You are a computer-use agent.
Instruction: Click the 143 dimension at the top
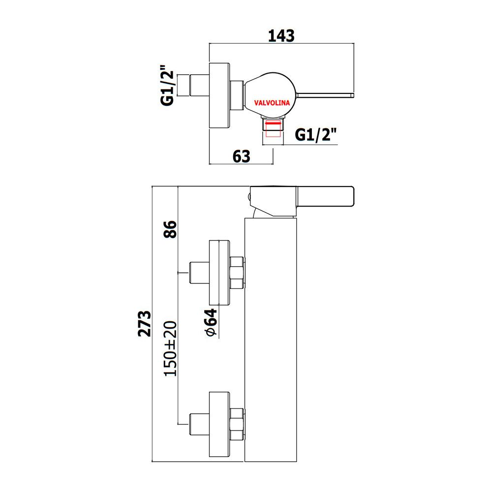point(281,36)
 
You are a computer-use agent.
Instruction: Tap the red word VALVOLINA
point(272,103)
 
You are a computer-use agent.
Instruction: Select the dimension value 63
point(242,156)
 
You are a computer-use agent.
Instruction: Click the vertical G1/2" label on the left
point(167,85)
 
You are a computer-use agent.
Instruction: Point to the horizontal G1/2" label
point(315,135)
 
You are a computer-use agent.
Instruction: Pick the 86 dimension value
point(171,229)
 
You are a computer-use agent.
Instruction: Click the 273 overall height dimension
point(145,324)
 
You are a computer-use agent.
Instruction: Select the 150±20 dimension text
point(171,348)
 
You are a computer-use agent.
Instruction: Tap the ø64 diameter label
point(211,323)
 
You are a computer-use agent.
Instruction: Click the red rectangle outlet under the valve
point(273,128)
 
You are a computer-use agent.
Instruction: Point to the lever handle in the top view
point(325,95)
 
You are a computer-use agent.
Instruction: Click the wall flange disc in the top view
point(219,95)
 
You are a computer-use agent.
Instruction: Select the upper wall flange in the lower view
point(219,273)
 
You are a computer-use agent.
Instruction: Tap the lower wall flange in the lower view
point(219,424)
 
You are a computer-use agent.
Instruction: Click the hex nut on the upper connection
point(237,273)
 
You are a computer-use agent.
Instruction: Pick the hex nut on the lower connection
point(237,424)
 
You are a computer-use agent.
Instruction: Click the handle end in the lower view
point(325,197)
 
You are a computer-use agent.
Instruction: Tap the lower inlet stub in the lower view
point(199,424)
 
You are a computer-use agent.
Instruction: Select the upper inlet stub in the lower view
point(199,273)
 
